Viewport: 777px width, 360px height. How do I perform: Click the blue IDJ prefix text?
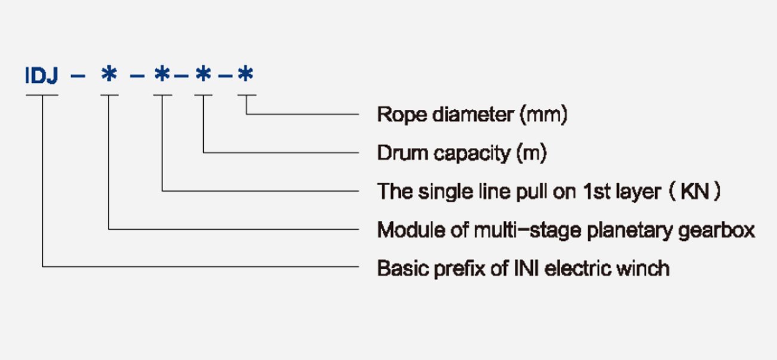click(41, 76)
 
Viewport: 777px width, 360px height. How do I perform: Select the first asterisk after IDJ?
click(109, 76)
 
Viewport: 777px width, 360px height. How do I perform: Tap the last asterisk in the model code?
click(245, 76)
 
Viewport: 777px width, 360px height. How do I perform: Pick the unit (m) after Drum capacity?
click(531, 153)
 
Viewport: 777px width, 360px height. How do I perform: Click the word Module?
click(403, 230)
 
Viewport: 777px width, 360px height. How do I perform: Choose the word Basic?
click(397, 269)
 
